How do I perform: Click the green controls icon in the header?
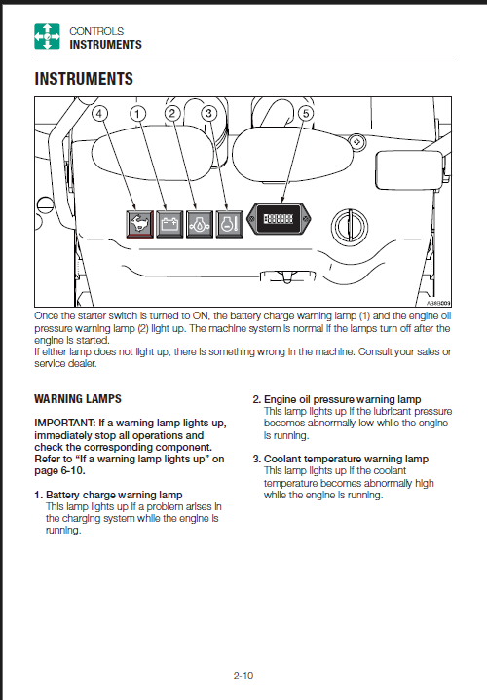pos(47,36)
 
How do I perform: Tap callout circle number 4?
pos(99,113)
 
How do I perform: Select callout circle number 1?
pos(137,113)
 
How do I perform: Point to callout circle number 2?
pos(172,113)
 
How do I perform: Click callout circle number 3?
pos(209,113)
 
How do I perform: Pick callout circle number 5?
pos(306,113)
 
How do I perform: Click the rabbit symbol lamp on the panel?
pos(140,224)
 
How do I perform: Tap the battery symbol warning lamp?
pos(169,224)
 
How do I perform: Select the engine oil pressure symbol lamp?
pos(200,224)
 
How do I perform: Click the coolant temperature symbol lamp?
pos(229,224)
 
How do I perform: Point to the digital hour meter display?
pos(279,219)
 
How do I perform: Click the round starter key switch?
pos(350,226)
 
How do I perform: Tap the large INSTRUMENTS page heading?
pos(84,79)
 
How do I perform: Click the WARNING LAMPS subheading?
pos(78,398)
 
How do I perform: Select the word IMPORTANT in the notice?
pos(65,423)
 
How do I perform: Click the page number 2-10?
pos(243,675)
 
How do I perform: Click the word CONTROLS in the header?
pos(96,31)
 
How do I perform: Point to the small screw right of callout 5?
pos(357,142)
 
